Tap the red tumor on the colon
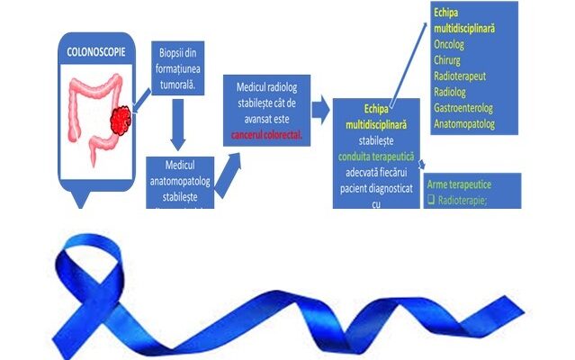tap(119, 116)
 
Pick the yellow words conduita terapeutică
tap(389, 157)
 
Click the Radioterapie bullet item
tap(467, 200)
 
